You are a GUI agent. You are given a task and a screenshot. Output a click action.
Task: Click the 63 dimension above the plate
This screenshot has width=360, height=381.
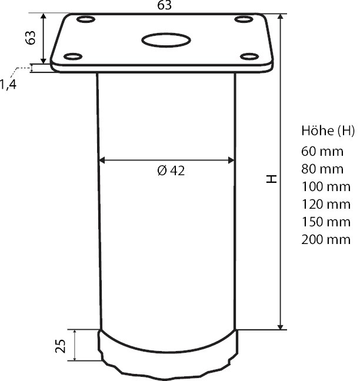(165, 6)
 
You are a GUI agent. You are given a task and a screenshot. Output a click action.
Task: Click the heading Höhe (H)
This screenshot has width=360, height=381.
(328, 130)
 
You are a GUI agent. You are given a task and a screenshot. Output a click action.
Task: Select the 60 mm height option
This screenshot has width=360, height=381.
(322, 151)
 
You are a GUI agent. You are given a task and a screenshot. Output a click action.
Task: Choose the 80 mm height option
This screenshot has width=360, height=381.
(322, 169)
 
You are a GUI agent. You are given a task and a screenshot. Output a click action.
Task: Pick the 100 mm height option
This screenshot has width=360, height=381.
(325, 186)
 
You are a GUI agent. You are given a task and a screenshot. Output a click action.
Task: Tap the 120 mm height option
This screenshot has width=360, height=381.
(325, 204)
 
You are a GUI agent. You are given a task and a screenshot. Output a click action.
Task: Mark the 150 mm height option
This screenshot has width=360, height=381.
(325, 222)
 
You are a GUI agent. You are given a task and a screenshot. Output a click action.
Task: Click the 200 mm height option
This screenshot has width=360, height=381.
(325, 239)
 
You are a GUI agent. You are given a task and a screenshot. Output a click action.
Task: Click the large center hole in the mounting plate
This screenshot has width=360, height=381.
(166, 41)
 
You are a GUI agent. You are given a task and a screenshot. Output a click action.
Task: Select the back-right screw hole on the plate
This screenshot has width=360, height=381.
(243, 21)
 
